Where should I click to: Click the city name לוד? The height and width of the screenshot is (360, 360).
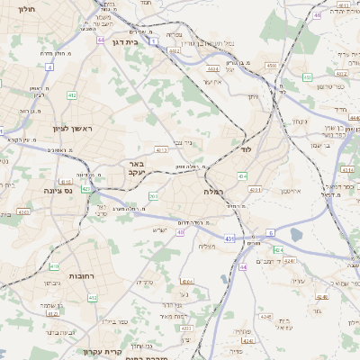(246, 149)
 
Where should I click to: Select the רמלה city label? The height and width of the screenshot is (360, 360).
(214, 192)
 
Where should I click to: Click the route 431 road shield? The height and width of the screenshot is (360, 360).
(229, 238)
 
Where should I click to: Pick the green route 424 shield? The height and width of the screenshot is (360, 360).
(279, 249)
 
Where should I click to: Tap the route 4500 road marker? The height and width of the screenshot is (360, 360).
(271, 66)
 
